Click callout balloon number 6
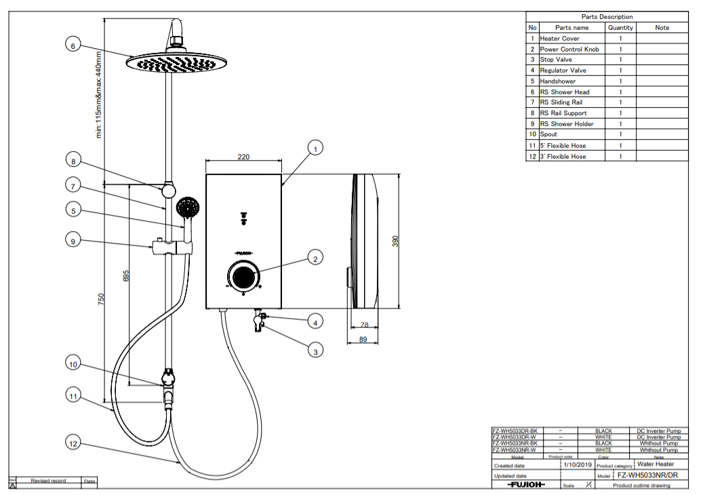(x=74, y=45)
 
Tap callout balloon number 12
(x=74, y=443)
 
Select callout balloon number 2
(x=314, y=258)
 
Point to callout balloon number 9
(x=74, y=239)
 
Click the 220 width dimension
(x=243, y=157)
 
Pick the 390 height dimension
(x=396, y=241)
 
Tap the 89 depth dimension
(x=363, y=339)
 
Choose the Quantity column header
(x=620, y=28)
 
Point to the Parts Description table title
(x=607, y=17)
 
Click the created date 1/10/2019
(x=577, y=465)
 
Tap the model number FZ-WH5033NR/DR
(x=647, y=475)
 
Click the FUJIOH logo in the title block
(x=526, y=486)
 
